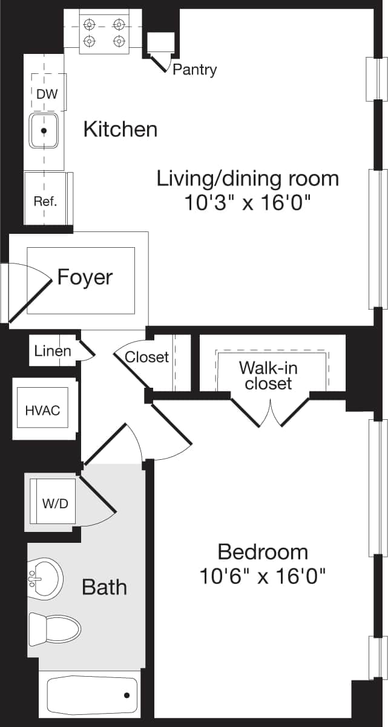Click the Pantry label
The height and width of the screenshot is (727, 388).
pyautogui.click(x=194, y=70)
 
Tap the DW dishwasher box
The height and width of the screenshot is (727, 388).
pyautogui.click(x=47, y=94)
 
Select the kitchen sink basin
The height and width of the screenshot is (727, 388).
pyautogui.click(x=44, y=130)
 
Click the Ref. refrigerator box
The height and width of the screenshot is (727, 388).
pyautogui.click(x=45, y=201)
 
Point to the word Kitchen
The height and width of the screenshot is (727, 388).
pyautogui.click(x=120, y=129)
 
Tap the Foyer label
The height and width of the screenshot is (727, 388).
pyautogui.click(x=85, y=277)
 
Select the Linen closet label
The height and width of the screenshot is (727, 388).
pyautogui.click(x=53, y=351)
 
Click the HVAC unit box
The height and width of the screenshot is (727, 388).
pyautogui.click(x=42, y=410)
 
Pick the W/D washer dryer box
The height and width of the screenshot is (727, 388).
pyautogui.click(x=55, y=503)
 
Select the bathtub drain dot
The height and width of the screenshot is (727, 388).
pyautogui.click(x=127, y=696)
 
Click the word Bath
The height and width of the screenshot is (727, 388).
pyautogui.click(x=104, y=586)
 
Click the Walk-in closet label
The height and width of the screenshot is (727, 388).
pyautogui.click(x=268, y=375)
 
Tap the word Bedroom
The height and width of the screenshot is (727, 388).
pyautogui.click(x=263, y=552)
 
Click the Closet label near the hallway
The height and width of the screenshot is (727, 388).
pyautogui.click(x=146, y=357)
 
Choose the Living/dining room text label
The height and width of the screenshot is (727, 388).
pyautogui.click(x=248, y=178)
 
